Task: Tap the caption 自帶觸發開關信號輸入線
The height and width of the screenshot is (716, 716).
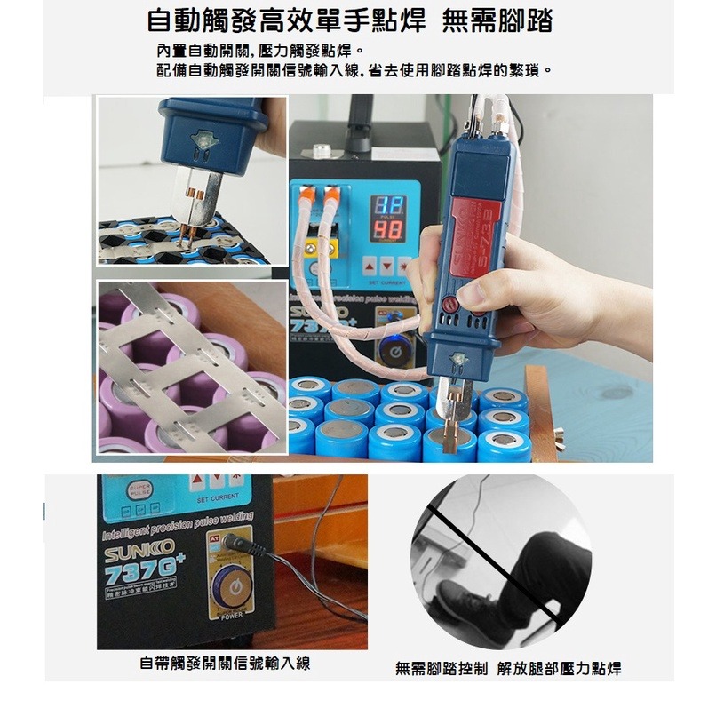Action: [225, 663]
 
